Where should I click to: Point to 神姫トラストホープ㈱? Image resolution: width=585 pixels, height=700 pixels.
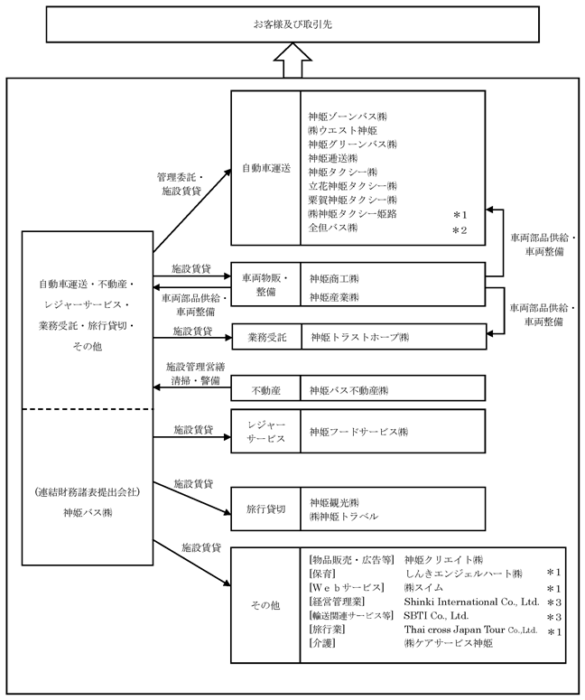tap(359, 337)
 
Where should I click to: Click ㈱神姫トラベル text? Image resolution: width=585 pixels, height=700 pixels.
tap(343, 517)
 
